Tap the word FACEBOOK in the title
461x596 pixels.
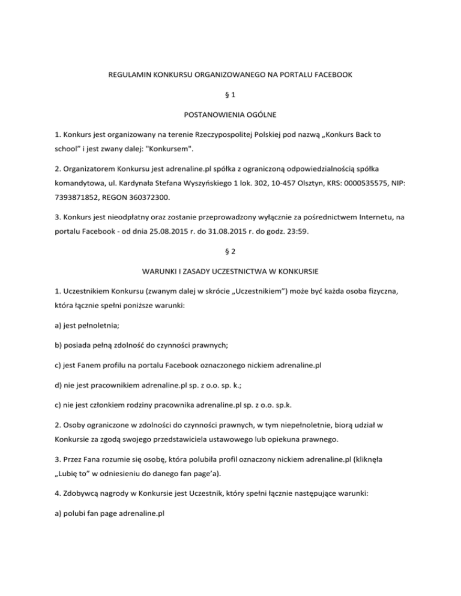tap(330, 76)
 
